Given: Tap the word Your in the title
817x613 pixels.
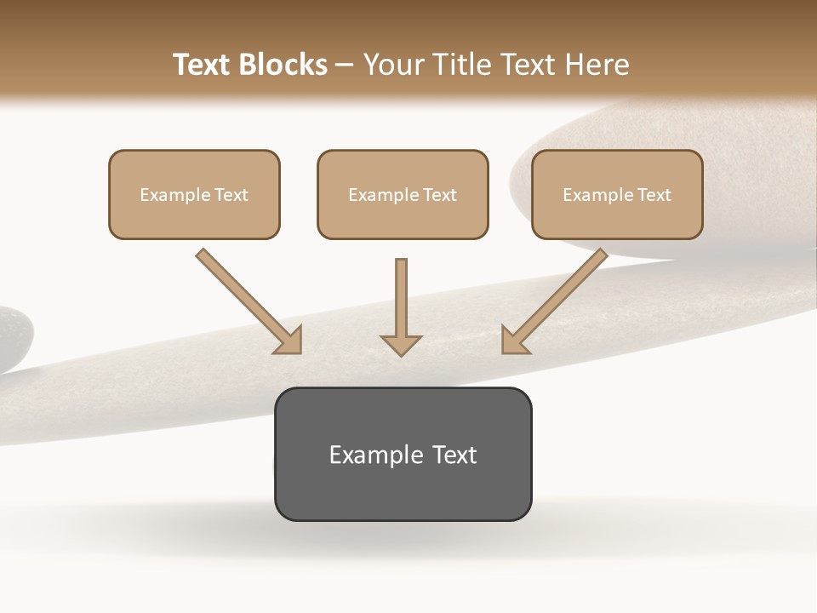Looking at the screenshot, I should coord(395,65).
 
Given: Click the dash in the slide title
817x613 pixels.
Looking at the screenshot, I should coord(345,66).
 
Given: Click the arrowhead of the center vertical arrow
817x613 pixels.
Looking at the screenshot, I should coord(401,344).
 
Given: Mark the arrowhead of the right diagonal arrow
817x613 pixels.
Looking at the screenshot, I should coord(514,340).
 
